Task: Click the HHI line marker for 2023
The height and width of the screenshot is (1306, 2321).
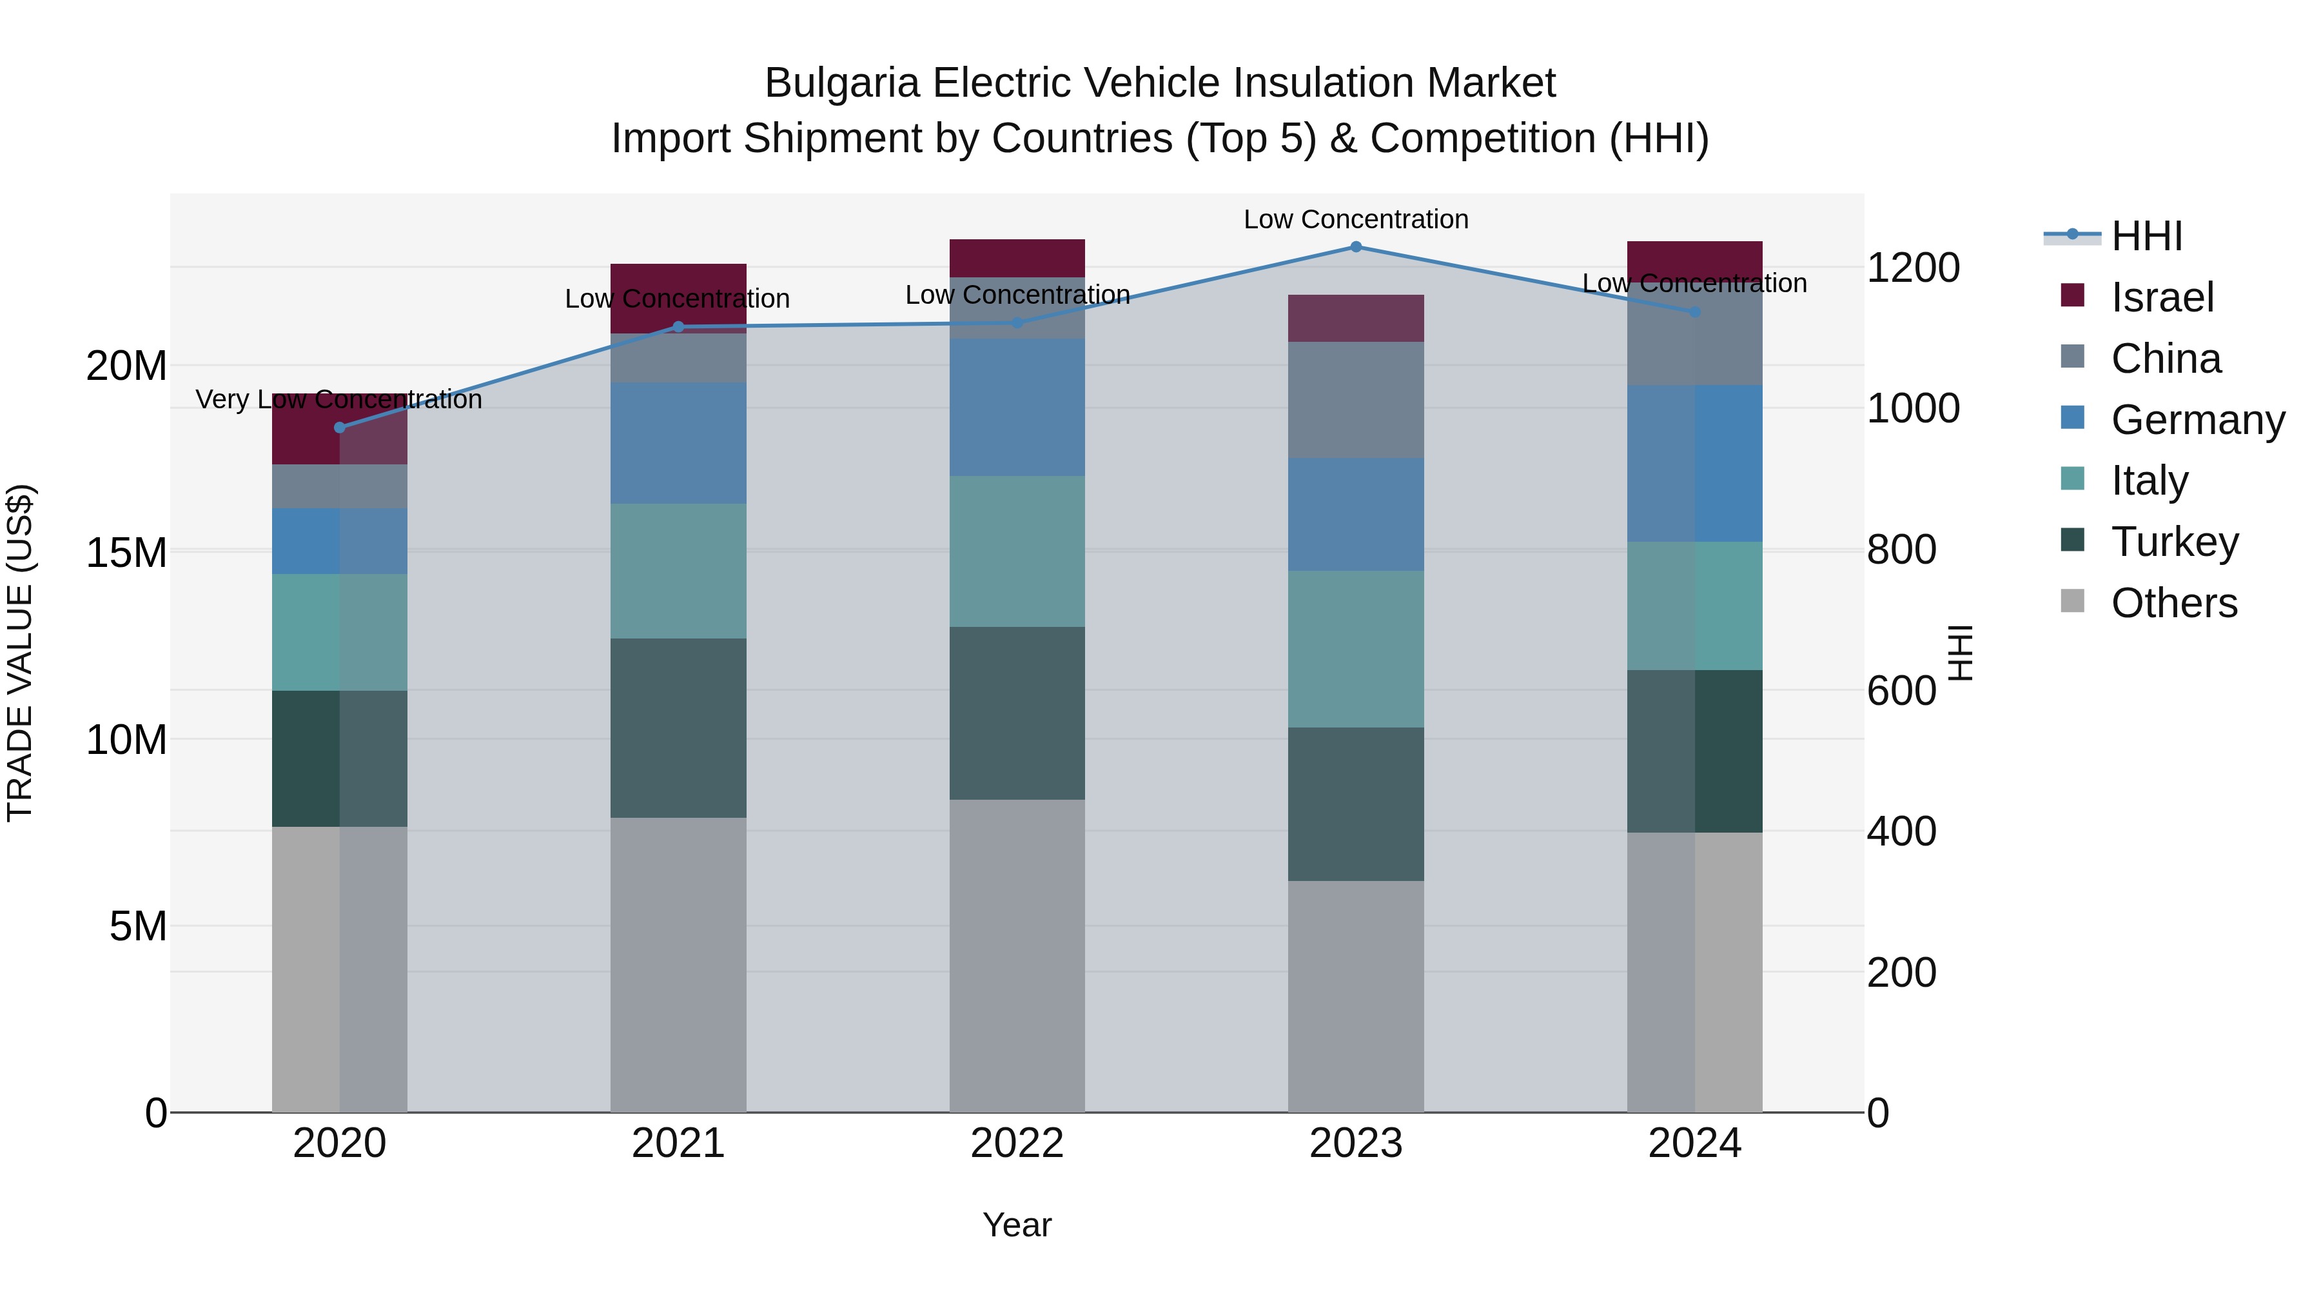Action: point(1355,247)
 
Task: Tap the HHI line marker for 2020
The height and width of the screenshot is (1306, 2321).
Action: point(340,427)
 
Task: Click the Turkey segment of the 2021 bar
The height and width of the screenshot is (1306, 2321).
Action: point(678,727)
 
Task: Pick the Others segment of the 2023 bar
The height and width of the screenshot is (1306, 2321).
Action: point(1355,995)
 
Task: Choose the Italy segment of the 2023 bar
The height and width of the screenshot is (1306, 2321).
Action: point(1355,648)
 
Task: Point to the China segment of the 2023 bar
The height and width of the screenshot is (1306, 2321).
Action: point(1355,399)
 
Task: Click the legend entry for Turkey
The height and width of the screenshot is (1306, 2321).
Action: point(2174,542)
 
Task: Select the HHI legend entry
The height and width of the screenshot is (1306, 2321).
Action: point(2146,236)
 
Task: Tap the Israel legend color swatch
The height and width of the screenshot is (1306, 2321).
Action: point(2072,295)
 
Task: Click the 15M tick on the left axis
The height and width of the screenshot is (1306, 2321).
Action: point(126,553)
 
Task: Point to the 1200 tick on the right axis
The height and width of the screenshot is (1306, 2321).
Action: point(1912,268)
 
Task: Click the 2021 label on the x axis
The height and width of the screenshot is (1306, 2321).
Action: point(678,1143)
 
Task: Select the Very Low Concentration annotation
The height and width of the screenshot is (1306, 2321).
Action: point(338,399)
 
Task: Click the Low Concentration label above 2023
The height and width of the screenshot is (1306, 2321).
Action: point(1355,219)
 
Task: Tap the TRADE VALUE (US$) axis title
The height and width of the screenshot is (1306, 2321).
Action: point(20,653)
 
